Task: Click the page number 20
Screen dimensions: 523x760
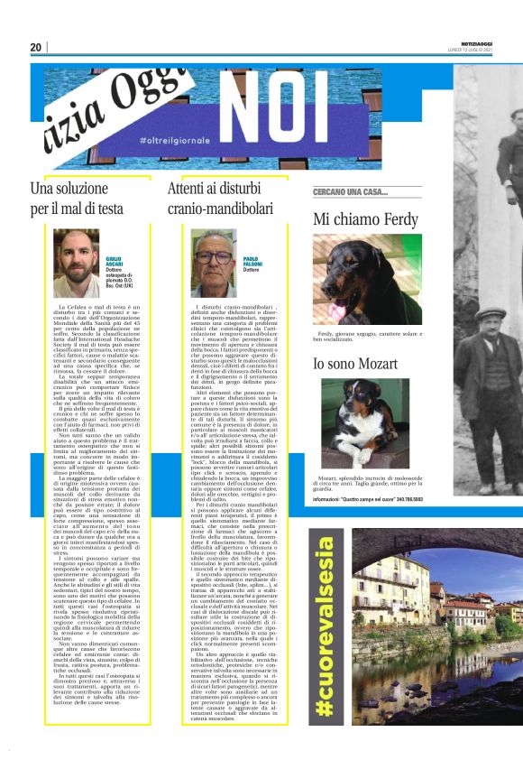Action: [x=36, y=47]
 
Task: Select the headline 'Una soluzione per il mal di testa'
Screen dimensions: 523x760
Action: [x=77, y=199]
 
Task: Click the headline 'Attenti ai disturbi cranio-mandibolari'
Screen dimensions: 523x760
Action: [x=224, y=199]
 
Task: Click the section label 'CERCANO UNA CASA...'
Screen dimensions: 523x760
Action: [x=350, y=192]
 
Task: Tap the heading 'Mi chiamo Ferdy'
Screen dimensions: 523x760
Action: [x=365, y=219]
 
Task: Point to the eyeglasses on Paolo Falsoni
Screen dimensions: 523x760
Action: [x=214, y=257]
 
